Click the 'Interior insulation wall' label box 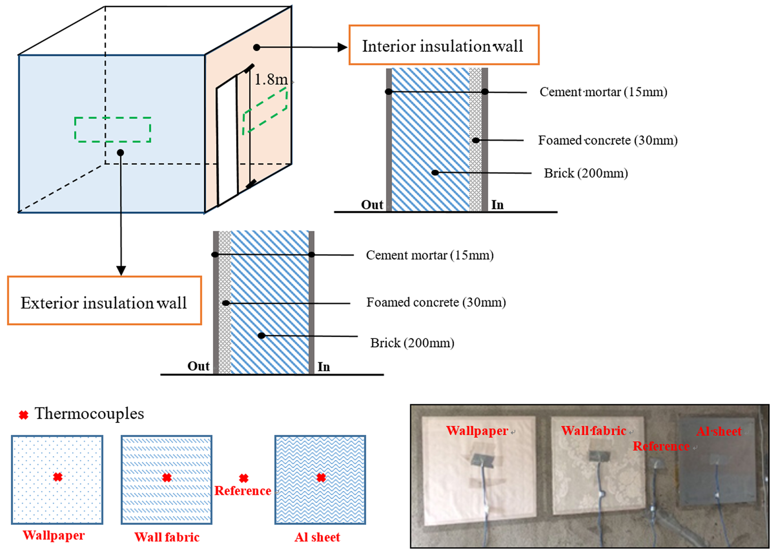(443, 46)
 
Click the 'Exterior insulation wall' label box (104, 302)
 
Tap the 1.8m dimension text (271, 79)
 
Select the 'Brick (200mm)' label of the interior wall (586, 173)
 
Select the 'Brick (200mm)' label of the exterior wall (412, 343)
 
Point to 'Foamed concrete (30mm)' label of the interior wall (608, 140)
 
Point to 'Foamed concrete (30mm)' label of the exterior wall (436, 302)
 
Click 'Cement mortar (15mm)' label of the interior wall (603, 92)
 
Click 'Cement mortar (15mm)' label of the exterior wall (429, 255)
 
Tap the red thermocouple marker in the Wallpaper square (58, 477)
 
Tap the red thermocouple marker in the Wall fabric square (167, 478)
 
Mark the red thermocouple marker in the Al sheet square (321, 478)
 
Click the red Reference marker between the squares (243, 478)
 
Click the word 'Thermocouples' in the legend (89, 414)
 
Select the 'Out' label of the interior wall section (372, 205)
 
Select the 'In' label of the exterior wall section (324, 366)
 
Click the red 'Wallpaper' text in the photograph (477, 431)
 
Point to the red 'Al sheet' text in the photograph (719, 431)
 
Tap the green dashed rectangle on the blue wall (113, 130)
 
